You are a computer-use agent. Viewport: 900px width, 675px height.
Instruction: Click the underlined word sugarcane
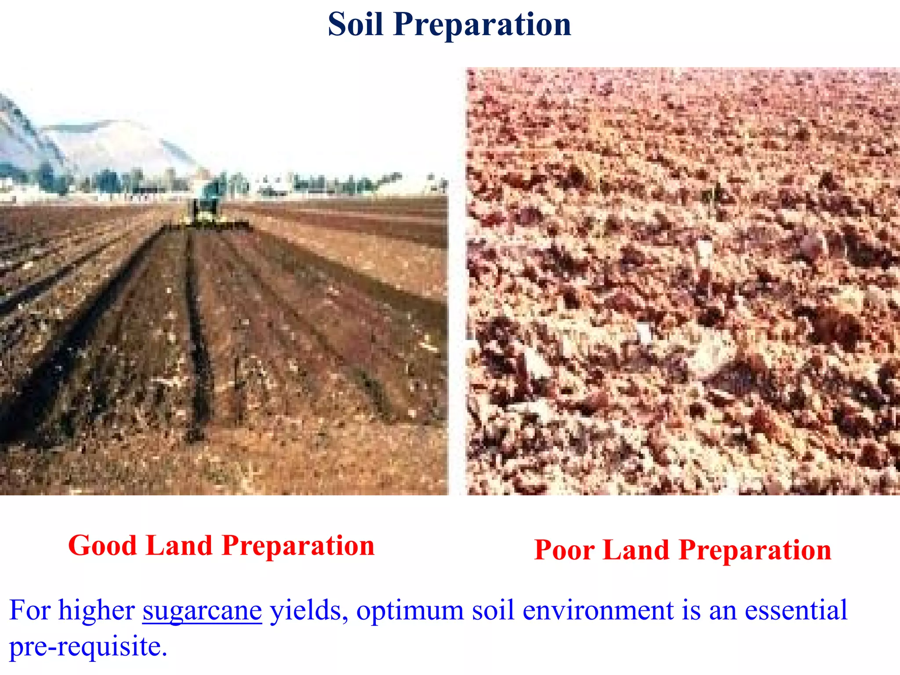[202, 611]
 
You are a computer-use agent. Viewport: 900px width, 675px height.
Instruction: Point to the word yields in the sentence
[306, 610]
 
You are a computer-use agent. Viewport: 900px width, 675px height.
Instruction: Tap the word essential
[795, 610]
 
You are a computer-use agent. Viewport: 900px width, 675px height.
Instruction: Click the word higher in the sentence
[96, 610]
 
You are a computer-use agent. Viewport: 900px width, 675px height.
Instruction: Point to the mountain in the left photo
[110, 145]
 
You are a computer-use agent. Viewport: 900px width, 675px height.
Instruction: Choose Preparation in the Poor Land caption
[755, 551]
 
